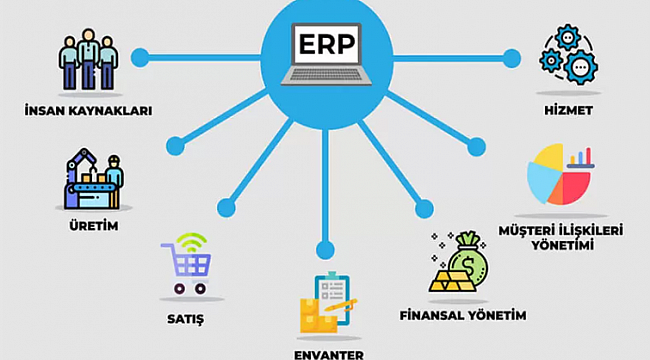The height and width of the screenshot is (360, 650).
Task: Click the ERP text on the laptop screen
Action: pyautogui.click(x=326, y=43)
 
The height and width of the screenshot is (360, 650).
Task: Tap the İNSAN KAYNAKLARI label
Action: pyautogui.click(x=88, y=111)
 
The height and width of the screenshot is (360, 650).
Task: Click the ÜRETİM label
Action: pyautogui.click(x=92, y=225)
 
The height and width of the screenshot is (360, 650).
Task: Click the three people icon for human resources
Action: pyautogui.click(x=88, y=62)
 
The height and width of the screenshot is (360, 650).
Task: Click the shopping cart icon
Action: pyautogui.click(x=186, y=269)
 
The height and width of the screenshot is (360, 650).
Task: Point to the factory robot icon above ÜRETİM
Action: pyautogui.click(x=92, y=180)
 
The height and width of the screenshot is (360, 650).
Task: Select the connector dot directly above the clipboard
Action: pyautogui.click(x=325, y=247)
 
